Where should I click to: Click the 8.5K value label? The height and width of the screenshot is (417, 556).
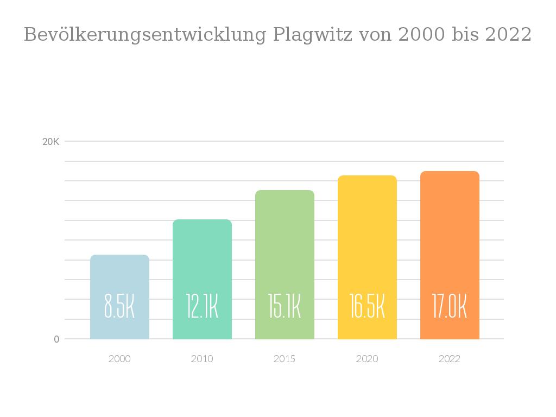pyautogui.click(x=119, y=306)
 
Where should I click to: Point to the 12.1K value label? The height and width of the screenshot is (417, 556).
pyautogui.click(x=202, y=306)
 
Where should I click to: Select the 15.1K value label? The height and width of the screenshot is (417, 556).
pyautogui.click(x=285, y=306)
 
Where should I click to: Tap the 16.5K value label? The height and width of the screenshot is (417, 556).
pyautogui.click(x=367, y=306)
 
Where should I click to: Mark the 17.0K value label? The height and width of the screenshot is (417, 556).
pyautogui.click(x=450, y=306)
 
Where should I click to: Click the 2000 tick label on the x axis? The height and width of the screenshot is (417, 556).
pyautogui.click(x=119, y=359)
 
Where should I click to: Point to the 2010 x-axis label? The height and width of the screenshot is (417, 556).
pyautogui.click(x=202, y=359)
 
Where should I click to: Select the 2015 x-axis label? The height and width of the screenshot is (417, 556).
pyautogui.click(x=285, y=359)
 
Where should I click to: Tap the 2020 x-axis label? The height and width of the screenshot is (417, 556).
pyautogui.click(x=367, y=359)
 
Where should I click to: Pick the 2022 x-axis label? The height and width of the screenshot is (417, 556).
pyautogui.click(x=450, y=359)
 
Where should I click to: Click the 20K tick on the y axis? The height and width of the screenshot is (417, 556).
pyautogui.click(x=51, y=142)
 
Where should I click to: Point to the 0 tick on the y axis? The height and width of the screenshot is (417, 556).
pyautogui.click(x=56, y=339)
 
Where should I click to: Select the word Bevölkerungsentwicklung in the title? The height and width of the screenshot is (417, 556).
pyautogui.click(x=145, y=35)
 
